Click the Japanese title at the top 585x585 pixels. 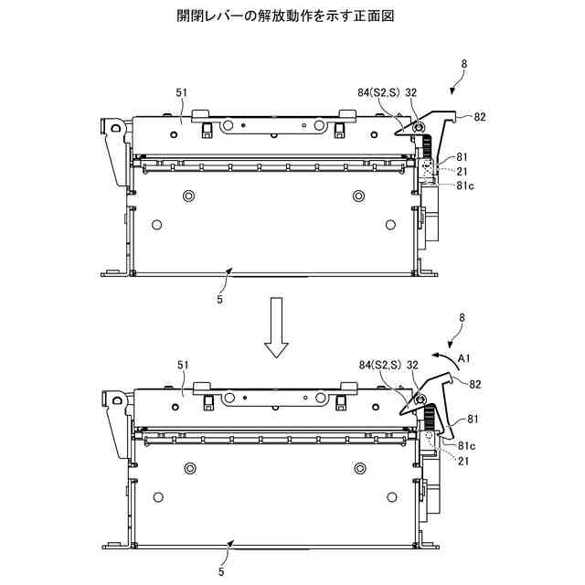(x=292, y=16)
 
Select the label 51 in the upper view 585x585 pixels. (x=181, y=92)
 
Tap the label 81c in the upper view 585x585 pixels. (x=466, y=186)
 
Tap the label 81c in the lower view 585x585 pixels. (x=466, y=445)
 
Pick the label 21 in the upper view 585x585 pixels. (x=462, y=171)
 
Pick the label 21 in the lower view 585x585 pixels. (x=463, y=462)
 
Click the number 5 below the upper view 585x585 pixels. (x=220, y=298)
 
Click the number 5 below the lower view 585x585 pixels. (x=220, y=572)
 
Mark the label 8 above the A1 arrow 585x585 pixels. (x=463, y=317)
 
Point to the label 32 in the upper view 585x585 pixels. (x=412, y=92)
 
